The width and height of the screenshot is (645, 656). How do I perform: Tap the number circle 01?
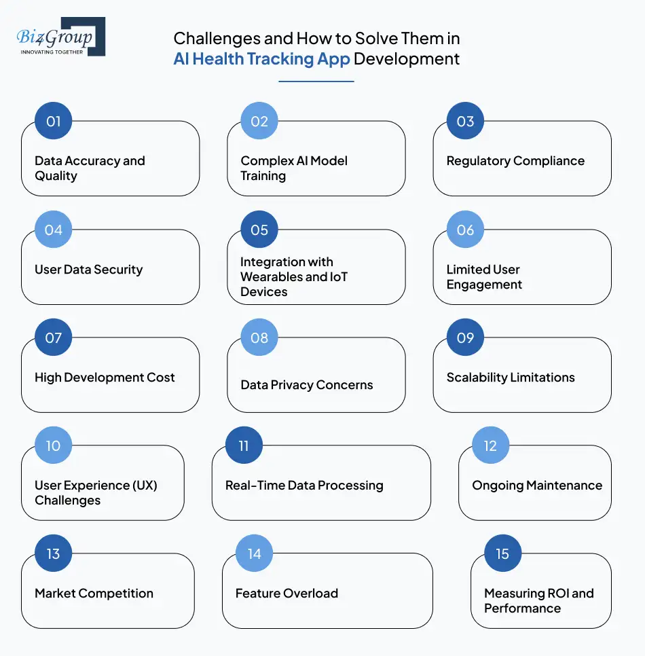[54, 122]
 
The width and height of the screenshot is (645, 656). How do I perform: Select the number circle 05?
[259, 230]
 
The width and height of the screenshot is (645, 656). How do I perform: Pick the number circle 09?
[465, 338]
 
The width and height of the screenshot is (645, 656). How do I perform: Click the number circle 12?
[490, 445]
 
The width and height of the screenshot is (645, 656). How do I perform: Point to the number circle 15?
[502, 553]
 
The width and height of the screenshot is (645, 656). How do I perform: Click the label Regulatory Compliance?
[515, 161]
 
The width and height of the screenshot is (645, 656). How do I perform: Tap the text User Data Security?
[88, 270]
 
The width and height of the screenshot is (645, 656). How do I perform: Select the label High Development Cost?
[105, 378]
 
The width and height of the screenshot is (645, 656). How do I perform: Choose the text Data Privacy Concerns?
[306, 385]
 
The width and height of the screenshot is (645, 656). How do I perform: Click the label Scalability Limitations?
[510, 378]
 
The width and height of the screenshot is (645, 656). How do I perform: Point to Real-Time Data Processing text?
[304, 486]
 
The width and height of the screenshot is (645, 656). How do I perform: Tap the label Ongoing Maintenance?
[537, 486]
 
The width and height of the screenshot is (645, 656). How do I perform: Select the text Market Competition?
[94, 594]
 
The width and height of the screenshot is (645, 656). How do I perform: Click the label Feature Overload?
[287, 594]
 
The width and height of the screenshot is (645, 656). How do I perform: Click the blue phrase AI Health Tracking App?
[261, 59]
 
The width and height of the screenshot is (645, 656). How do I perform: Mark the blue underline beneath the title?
[316, 81]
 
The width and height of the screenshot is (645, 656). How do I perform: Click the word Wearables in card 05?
[272, 277]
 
